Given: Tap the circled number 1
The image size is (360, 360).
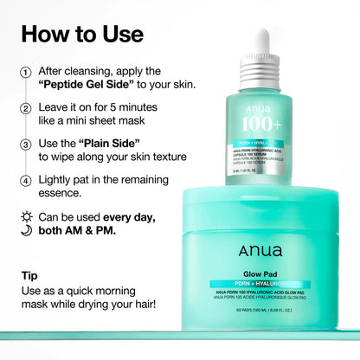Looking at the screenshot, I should pos(26,72).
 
